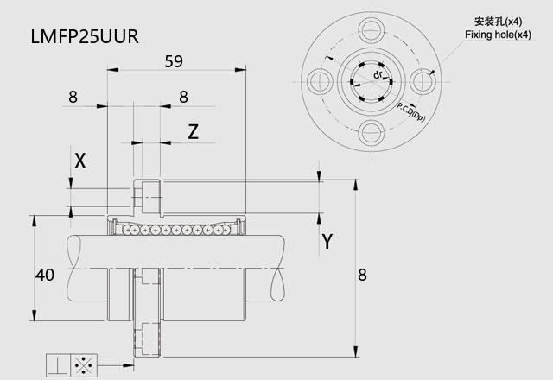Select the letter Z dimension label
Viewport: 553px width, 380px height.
coord(194,131)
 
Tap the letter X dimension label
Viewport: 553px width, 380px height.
coord(79,160)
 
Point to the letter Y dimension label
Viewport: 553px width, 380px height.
coord(327,242)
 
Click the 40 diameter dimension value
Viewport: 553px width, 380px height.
coord(45,275)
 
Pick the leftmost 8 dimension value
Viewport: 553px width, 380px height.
coord(73,98)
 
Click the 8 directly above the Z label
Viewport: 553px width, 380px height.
coord(183,98)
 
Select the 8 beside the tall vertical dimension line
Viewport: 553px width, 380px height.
coord(363,275)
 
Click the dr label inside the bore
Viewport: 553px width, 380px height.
coord(378,76)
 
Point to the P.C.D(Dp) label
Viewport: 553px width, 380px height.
coord(411,110)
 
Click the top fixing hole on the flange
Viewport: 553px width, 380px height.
coord(373,30)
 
